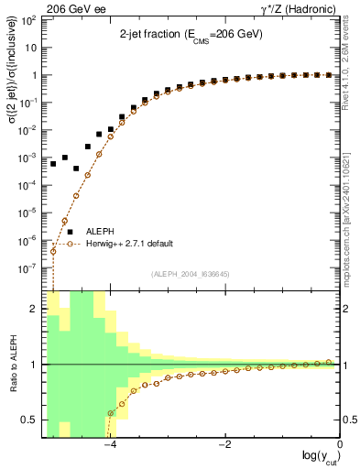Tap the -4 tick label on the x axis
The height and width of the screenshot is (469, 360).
[109, 445]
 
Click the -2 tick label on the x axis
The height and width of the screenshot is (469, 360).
[224, 445]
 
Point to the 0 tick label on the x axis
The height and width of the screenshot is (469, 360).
[340, 445]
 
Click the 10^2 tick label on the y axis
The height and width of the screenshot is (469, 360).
[29, 19]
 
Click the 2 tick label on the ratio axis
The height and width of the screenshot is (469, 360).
[35, 309]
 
